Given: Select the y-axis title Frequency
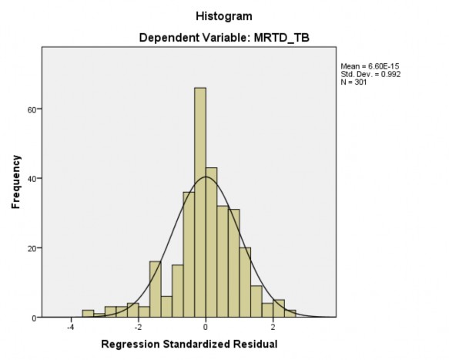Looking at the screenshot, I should pyautogui.click(x=15, y=183).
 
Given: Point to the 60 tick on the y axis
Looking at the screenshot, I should pyautogui.click(x=31, y=109).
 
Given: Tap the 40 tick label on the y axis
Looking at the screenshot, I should pyautogui.click(x=31, y=179).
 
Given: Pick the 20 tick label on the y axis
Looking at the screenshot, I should pyautogui.click(x=31, y=248).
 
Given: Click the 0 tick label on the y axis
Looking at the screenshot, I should pyautogui.click(x=33, y=318).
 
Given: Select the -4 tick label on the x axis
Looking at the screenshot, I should pyautogui.click(x=70, y=327).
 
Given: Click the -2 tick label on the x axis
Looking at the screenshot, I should pyautogui.click(x=137, y=327).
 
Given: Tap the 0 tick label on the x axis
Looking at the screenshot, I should pyautogui.click(x=206, y=327).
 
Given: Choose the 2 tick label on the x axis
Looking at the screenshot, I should pyautogui.click(x=273, y=327).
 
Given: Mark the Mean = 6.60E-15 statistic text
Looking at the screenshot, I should pyautogui.click(x=369, y=67).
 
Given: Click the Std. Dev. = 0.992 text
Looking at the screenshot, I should pyautogui.click(x=369, y=75).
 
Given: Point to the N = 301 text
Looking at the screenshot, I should pyautogui.click(x=354, y=82).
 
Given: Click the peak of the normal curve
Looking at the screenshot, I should pyautogui.click(x=206, y=177).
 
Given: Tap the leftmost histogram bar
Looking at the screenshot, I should pyautogui.click(x=88, y=314).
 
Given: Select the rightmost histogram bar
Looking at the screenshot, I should pyautogui.click(x=290, y=314).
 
